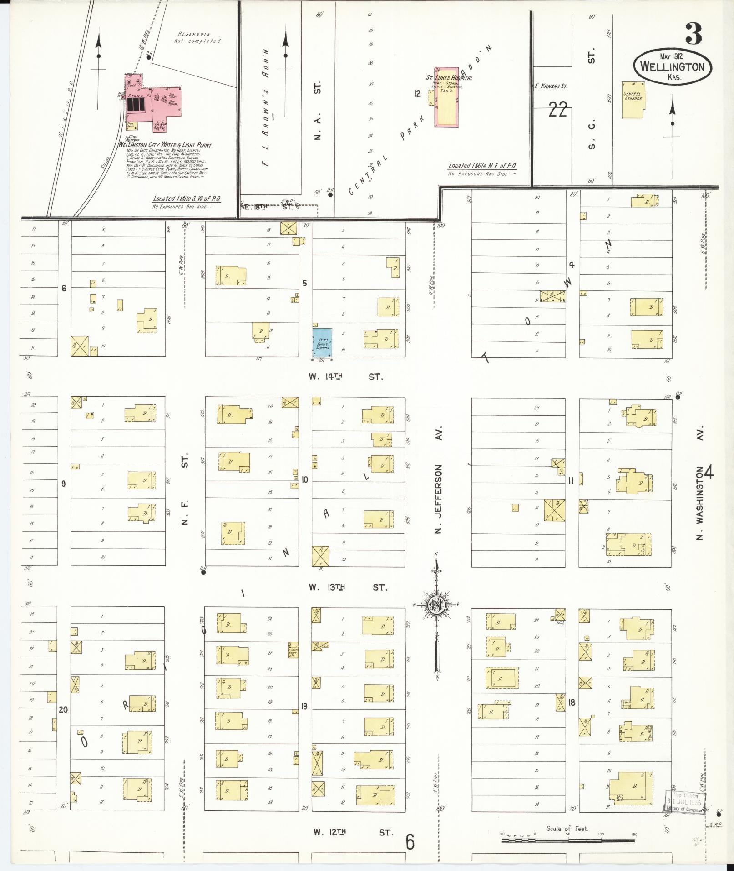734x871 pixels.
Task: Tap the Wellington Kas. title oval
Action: pyautogui.click(x=672, y=67)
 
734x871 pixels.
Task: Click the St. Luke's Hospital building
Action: pyautogui.click(x=447, y=98)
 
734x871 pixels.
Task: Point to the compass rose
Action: pyautogui.click(x=436, y=605)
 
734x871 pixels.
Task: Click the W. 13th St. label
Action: pyautogui.click(x=348, y=587)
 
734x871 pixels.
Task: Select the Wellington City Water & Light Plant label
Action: pyautogui.click(x=165, y=145)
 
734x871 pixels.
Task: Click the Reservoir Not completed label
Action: pyautogui.click(x=197, y=37)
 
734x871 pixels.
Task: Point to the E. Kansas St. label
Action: pyautogui.click(x=551, y=85)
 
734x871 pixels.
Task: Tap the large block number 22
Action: pyautogui.click(x=557, y=109)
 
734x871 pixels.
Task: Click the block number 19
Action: pyautogui.click(x=304, y=707)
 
